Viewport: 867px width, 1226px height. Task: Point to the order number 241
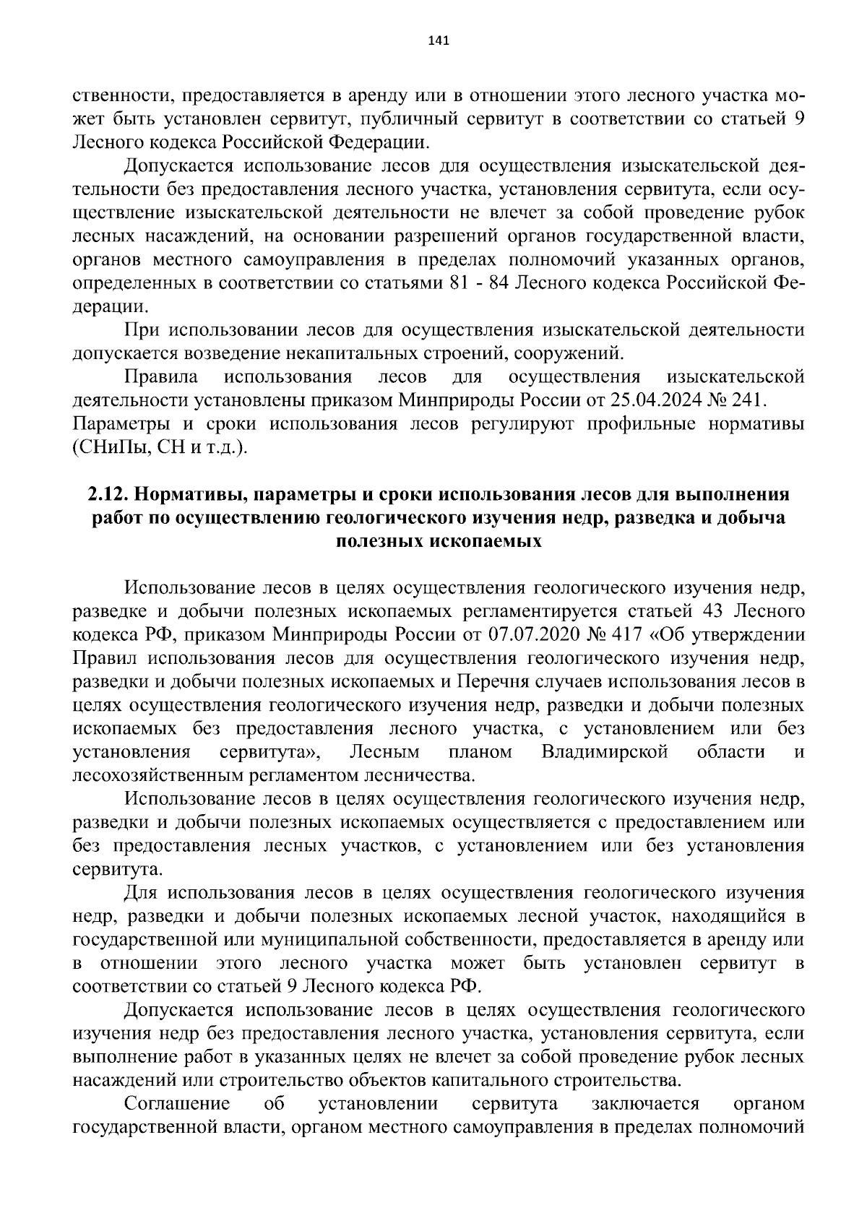point(751,400)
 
